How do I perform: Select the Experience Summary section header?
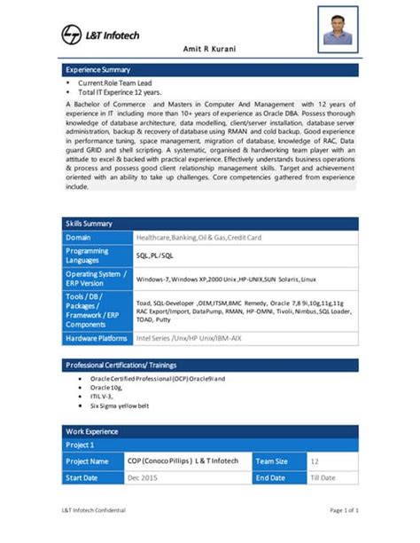pyautogui.click(x=98, y=69)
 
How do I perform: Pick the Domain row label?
pyautogui.click(x=79, y=237)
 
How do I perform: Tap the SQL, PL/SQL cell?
pyautogui.click(x=155, y=256)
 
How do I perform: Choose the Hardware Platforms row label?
pyautogui.click(x=97, y=338)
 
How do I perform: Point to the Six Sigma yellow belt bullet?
pyautogui.click(x=121, y=405)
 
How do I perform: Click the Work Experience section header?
pyautogui.click(x=93, y=431)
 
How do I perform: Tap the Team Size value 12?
pyautogui.click(x=315, y=461)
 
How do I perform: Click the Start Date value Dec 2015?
pyautogui.click(x=144, y=478)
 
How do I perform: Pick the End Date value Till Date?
pyautogui.click(x=323, y=478)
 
